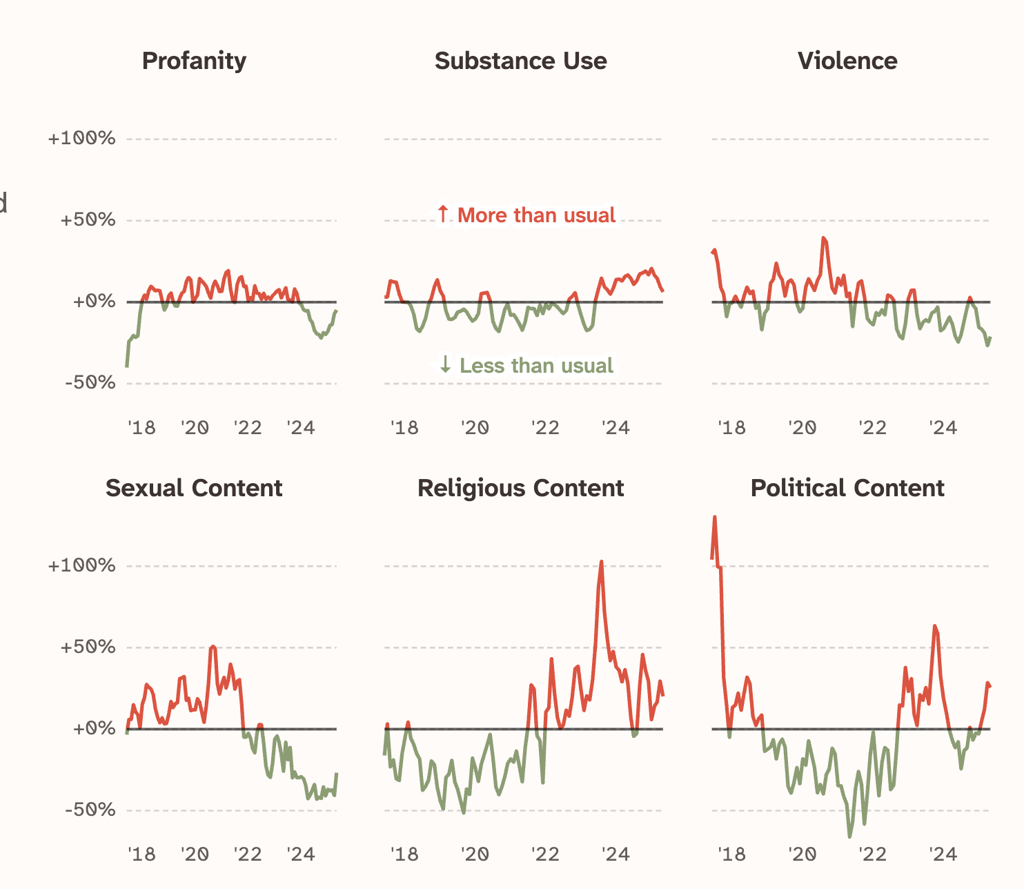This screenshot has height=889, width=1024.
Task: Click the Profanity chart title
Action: coord(194,61)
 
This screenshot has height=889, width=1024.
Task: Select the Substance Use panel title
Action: coord(520,61)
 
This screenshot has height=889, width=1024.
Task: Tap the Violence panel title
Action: coord(847,61)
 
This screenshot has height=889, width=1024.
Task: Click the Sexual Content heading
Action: coord(194,488)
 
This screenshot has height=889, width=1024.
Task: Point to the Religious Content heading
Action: coord(520,488)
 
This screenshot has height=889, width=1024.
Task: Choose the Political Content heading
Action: coord(847,488)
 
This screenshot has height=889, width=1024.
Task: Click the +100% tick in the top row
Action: coord(81,139)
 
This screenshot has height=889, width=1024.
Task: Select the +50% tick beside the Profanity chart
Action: coord(88,220)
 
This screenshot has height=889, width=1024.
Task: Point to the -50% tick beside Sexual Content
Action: coord(90,810)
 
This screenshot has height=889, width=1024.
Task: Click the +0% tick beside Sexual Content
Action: coord(94,728)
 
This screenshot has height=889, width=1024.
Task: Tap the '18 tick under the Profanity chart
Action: coord(141,428)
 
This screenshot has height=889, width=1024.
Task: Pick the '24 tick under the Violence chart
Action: coord(943,428)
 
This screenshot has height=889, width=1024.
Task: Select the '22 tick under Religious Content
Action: coord(544,854)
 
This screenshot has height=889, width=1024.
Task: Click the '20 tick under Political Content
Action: coord(802,854)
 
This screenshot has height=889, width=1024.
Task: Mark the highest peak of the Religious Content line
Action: coord(602,562)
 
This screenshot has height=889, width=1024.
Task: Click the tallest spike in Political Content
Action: coord(714,517)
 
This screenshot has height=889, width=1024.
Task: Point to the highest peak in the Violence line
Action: coord(823,238)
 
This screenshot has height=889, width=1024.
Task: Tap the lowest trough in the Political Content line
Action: coord(849,837)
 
